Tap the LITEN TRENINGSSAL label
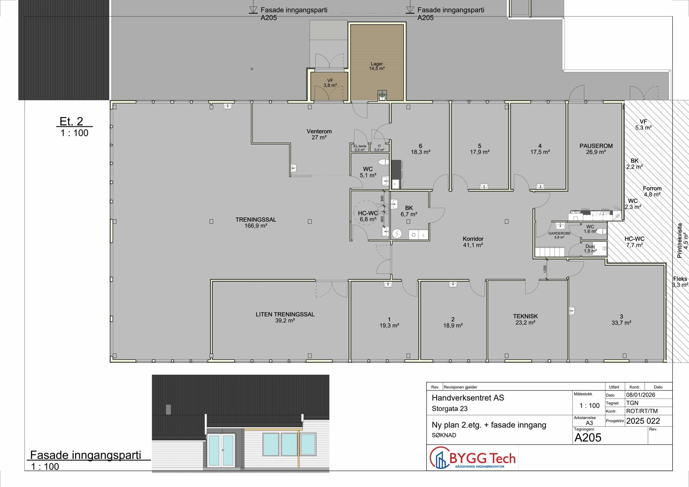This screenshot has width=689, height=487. pos(285,317)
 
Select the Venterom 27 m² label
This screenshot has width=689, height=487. pos(319,134)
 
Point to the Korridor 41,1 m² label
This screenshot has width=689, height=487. pos(473,242)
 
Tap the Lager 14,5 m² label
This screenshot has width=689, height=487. pos(377,66)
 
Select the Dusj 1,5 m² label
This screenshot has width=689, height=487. pos(590,248)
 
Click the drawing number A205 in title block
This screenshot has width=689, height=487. pos(588,437)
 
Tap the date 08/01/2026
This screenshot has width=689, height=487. pos(641,395)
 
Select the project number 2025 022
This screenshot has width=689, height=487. pos(643,421)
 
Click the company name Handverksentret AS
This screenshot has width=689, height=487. pos(468,398)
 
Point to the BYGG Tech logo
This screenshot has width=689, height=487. pos(473,459)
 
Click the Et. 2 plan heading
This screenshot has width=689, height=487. pos(71,121)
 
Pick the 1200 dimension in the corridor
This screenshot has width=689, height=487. pos(545,269)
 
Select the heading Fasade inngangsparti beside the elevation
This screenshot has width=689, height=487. pos(86,455)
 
